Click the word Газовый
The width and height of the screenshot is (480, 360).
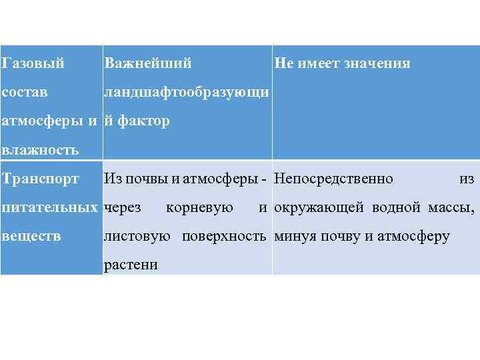pyautogui.click(x=34, y=64)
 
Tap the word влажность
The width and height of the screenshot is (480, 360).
pyautogui.click(x=41, y=150)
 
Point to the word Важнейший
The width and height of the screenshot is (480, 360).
pyautogui.click(x=147, y=64)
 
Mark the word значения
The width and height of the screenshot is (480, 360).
pyautogui.click(x=378, y=64)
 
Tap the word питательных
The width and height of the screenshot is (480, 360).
pyautogui.click(x=50, y=207)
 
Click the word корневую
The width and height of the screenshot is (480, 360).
pyautogui.click(x=199, y=207)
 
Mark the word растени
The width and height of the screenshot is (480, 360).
pyautogui.click(x=131, y=265)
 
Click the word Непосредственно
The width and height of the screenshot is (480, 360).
pyautogui.click(x=334, y=179)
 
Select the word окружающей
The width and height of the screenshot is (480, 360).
pyautogui.click(x=319, y=207)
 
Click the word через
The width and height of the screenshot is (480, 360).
pyautogui.click(x=123, y=207)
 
